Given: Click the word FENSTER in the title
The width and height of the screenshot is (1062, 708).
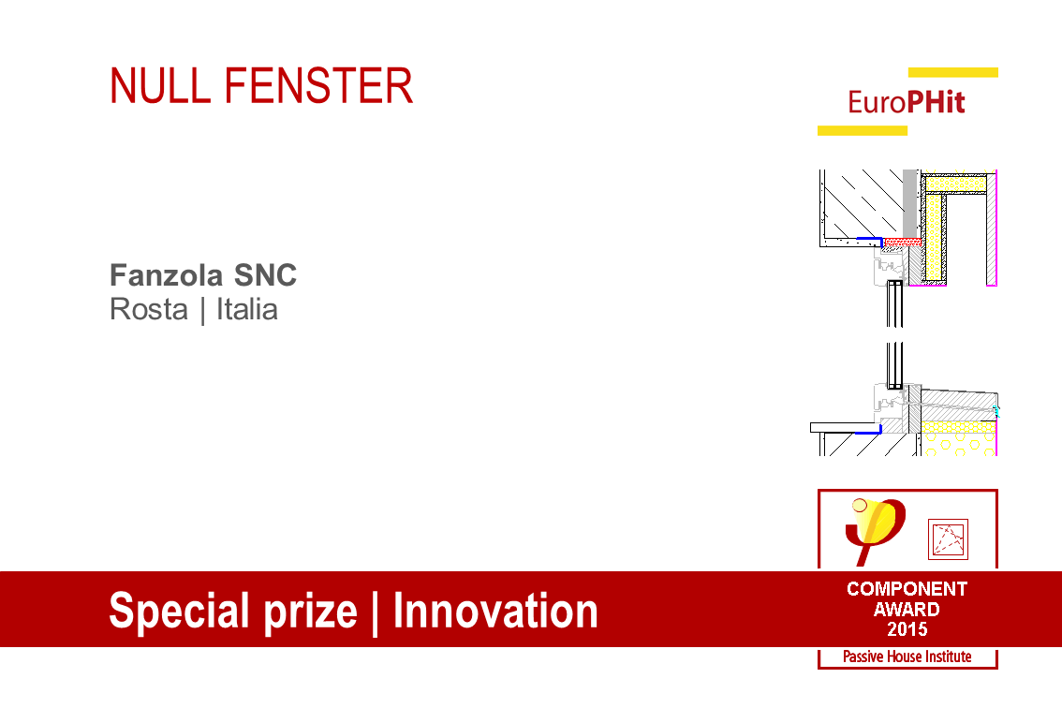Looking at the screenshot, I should (x=318, y=86).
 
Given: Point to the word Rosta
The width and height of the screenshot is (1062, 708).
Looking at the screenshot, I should (x=149, y=309).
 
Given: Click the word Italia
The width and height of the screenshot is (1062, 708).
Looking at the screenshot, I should (x=247, y=309).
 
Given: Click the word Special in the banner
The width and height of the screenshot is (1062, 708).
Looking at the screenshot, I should (x=176, y=612).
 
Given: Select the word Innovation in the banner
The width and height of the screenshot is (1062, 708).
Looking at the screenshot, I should (x=495, y=612).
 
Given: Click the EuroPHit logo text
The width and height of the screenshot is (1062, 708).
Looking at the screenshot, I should (x=907, y=102).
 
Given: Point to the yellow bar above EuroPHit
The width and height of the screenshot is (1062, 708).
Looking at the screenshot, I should (x=952, y=72).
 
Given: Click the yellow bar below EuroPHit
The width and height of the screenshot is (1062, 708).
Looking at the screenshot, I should (x=862, y=130).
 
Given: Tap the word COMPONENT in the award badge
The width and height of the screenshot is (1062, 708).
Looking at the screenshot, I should (x=907, y=589).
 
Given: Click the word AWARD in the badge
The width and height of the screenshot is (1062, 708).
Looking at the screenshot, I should (x=907, y=609).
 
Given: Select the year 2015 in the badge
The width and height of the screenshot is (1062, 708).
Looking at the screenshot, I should (x=907, y=628).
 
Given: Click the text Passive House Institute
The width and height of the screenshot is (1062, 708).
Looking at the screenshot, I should (x=907, y=657).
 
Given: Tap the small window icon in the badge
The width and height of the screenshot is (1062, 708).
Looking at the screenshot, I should (x=947, y=538).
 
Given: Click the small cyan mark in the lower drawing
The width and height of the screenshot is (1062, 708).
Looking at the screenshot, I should (x=996, y=410).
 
